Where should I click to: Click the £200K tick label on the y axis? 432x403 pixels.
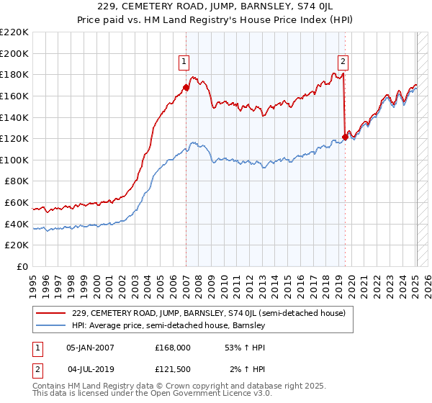point(15,53)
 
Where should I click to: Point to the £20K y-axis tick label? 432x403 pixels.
point(17,245)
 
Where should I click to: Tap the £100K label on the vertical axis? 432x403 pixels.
point(15,160)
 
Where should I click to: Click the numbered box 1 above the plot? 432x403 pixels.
point(185,62)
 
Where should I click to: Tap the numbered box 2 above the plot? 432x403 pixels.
point(343,62)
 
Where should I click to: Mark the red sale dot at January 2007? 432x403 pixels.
point(186,88)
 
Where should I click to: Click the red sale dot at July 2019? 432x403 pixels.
point(345,137)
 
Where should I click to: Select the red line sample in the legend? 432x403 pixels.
point(51,313)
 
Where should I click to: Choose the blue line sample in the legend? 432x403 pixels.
point(51,326)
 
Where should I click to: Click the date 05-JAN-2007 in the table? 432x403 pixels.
point(90,348)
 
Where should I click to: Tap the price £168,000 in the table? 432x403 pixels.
point(172,348)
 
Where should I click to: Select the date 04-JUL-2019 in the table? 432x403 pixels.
point(90,369)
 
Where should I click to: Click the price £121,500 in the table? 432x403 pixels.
point(172,369)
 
